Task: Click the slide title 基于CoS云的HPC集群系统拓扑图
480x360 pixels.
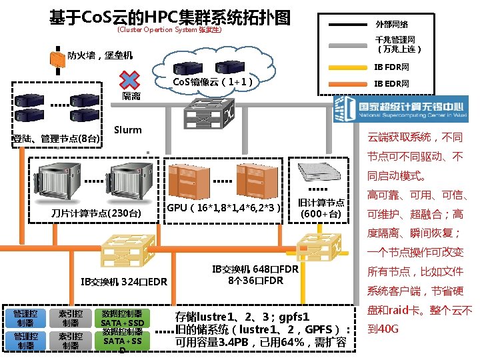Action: (170, 17)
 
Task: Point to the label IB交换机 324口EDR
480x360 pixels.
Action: (123, 281)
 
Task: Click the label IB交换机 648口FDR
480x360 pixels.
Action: (255, 274)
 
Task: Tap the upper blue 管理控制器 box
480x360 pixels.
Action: (25, 318)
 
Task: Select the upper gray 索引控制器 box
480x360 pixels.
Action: (70, 318)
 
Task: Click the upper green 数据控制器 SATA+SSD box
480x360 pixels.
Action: (122, 318)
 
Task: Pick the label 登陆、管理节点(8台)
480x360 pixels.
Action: (57, 139)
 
